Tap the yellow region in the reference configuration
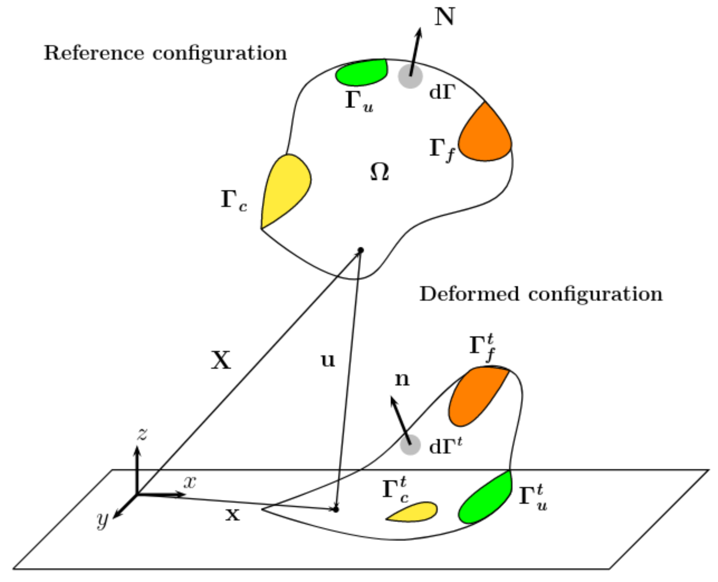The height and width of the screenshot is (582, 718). click(x=285, y=188)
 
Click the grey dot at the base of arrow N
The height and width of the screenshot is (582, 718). click(x=410, y=77)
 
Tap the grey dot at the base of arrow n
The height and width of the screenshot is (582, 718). click(x=410, y=445)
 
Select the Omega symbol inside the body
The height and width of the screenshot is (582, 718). click(x=379, y=173)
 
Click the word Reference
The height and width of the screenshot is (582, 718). click(x=94, y=53)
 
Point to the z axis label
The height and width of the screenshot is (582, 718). click(x=142, y=435)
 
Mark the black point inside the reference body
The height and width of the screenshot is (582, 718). click(x=361, y=250)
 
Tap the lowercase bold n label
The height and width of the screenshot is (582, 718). click(x=402, y=379)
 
